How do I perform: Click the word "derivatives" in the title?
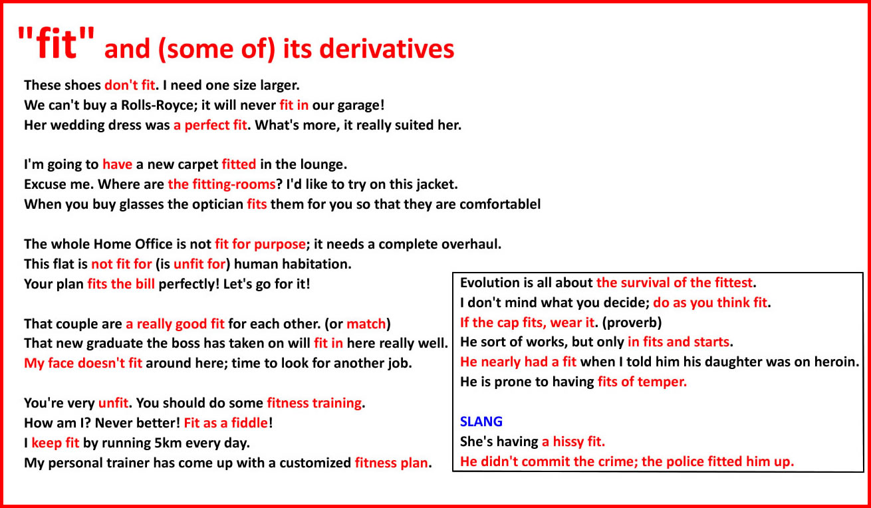tap(386, 49)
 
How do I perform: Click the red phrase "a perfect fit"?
tap(210, 125)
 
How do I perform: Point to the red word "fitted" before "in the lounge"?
tap(239, 164)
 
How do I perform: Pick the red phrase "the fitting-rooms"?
tap(221, 184)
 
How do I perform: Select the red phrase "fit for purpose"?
tap(260, 244)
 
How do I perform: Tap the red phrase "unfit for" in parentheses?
tap(199, 264)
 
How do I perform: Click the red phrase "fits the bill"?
tap(121, 285)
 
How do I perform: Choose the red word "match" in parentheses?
tap(366, 324)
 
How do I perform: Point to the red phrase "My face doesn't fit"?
tap(83, 363)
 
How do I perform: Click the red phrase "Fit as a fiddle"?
tap(226, 423)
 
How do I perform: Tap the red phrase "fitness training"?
tap(314, 404)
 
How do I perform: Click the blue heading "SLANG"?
tap(481, 422)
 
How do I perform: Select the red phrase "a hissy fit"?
tap(573, 442)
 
